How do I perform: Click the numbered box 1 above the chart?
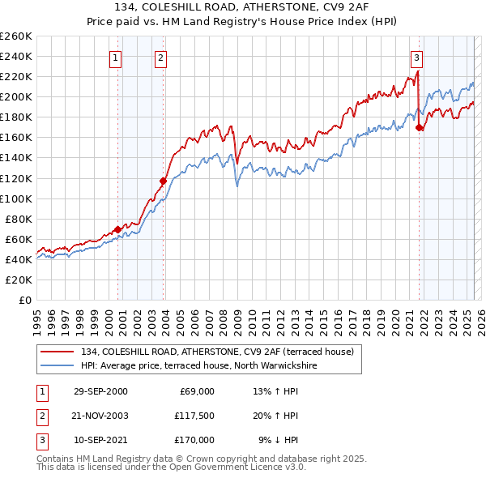(x=117, y=58)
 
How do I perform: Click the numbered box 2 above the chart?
(x=161, y=58)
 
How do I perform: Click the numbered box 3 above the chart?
(x=416, y=58)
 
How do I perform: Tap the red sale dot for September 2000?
(x=117, y=229)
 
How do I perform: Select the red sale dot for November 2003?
(x=163, y=181)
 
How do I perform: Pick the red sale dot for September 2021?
(x=419, y=127)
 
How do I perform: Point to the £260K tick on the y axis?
(x=16, y=36)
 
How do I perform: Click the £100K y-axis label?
(x=16, y=198)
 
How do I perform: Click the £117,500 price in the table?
(x=194, y=416)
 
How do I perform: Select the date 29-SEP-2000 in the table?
(x=100, y=391)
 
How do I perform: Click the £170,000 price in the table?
(x=194, y=440)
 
